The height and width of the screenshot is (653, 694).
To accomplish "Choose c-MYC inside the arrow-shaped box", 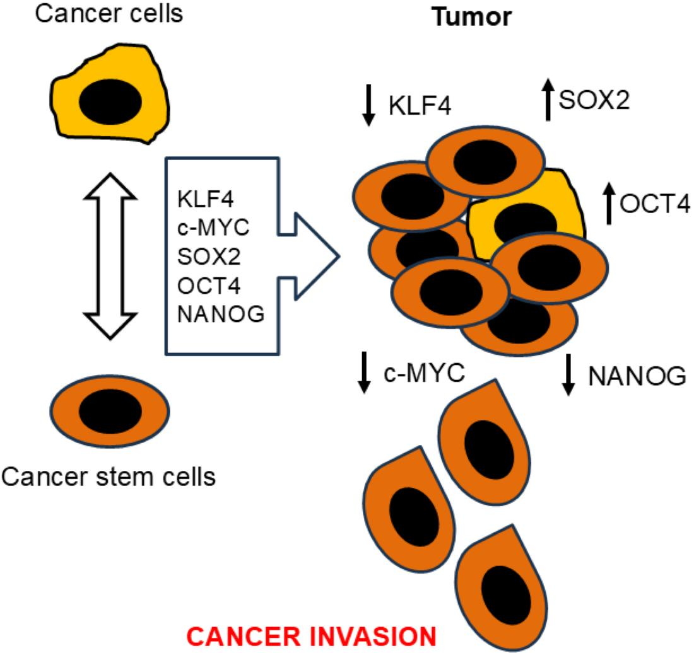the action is pos(214,228).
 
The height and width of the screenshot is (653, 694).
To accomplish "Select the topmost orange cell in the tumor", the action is pos(485,165).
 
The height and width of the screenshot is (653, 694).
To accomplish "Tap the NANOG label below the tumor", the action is pos(637,376).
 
